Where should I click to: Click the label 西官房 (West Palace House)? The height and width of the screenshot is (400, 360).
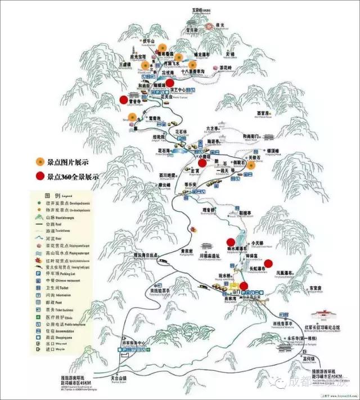point(264,113)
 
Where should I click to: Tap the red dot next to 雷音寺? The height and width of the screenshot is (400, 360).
point(123,100)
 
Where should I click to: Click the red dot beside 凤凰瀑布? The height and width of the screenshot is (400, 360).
point(268,262)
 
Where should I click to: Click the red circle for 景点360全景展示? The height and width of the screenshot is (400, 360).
point(40,176)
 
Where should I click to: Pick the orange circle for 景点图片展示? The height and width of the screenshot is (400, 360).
point(40,163)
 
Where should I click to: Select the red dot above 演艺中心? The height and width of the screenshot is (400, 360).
point(178,83)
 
